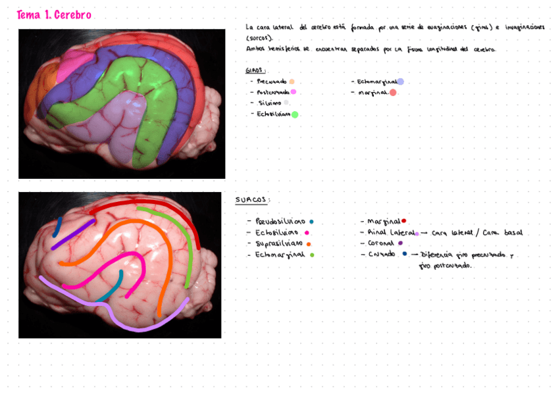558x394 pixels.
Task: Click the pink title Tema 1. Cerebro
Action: tap(54, 15)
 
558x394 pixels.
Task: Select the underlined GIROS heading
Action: tap(254, 70)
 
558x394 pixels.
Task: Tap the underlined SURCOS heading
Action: tap(252, 200)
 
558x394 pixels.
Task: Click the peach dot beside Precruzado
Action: tap(292, 82)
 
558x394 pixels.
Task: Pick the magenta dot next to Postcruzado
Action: tap(293, 92)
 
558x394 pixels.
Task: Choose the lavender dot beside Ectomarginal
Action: tap(400, 82)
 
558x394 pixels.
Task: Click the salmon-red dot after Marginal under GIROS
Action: tap(393, 93)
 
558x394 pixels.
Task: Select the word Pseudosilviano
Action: tap(280, 222)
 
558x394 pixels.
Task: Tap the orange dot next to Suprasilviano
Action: tap(309, 244)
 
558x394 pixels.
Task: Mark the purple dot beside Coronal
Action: tap(400, 243)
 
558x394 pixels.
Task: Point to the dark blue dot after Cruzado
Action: tap(405, 254)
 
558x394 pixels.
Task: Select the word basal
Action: tap(513, 233)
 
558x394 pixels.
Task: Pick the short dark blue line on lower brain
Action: tap(58, 226)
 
